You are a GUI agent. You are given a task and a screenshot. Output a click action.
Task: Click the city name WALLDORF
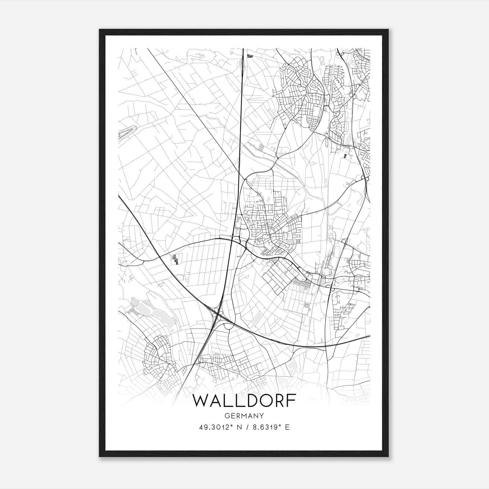click(x=244, y=401)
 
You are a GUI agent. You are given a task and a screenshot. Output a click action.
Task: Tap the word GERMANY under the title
click(x=244, y=416)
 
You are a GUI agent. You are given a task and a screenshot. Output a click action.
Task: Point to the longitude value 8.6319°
click(x=266, y=427)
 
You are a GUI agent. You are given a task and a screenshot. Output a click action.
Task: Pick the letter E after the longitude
click(x=287, y=427)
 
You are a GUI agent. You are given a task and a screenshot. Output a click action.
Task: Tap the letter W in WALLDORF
click(x=200, y=401)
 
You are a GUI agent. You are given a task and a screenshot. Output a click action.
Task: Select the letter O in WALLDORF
click(x=259, y=401)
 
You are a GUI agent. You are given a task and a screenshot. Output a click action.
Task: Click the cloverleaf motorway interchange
click(x=217, y=313)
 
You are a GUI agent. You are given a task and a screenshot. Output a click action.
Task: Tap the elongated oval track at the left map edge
click(x=126, y=132)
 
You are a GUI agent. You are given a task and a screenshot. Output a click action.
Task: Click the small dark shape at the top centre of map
click(x=250, y=56)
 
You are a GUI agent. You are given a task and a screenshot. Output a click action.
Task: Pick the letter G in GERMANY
click(x=226, y=416)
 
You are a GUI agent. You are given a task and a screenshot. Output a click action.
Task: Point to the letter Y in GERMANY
click(x=262, y=416)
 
